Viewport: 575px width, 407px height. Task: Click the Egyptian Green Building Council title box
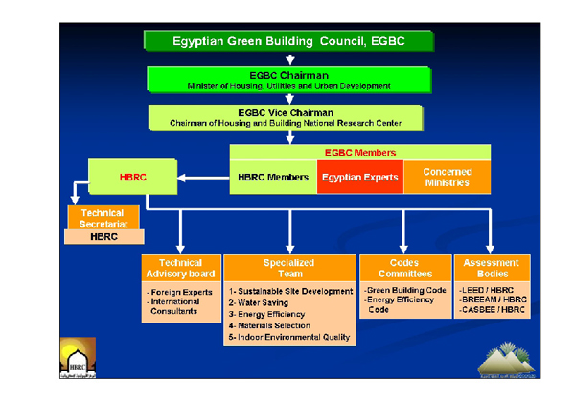[x=288, y=41]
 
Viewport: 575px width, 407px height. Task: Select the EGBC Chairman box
[x=288, y=79]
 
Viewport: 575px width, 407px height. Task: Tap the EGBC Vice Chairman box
[x=288, y=116]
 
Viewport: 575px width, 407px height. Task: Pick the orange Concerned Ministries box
[x=447, y=177]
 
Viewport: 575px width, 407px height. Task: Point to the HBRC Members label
[x=273, y=178]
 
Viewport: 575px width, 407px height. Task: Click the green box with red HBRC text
[x=134, y=178]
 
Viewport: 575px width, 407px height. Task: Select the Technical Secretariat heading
[x=103, y=217]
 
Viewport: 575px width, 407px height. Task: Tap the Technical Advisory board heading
[x=180, y=268]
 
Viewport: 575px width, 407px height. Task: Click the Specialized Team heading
[x=289, y=268]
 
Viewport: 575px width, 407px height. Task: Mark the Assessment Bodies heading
[x=491, y=268]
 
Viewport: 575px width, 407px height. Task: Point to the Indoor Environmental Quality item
[x=289, y=338]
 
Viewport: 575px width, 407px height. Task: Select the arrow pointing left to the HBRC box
[x=204, y=178]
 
